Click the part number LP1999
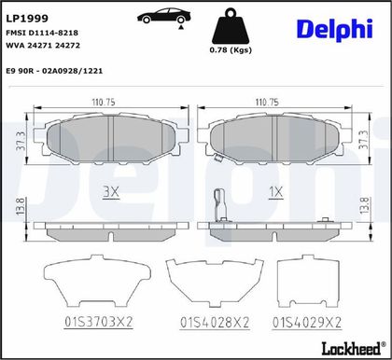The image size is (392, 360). point(27,19)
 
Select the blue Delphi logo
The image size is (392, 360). point(335,30)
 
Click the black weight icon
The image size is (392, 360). point(231,27)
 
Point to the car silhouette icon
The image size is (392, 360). point(164,16)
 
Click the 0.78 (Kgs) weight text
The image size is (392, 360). point(231,49)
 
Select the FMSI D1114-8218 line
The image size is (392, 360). point(42,33)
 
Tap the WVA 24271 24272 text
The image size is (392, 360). point(43,46)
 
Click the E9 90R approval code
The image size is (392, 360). point(54,71)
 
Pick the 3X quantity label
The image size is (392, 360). point(111,192)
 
